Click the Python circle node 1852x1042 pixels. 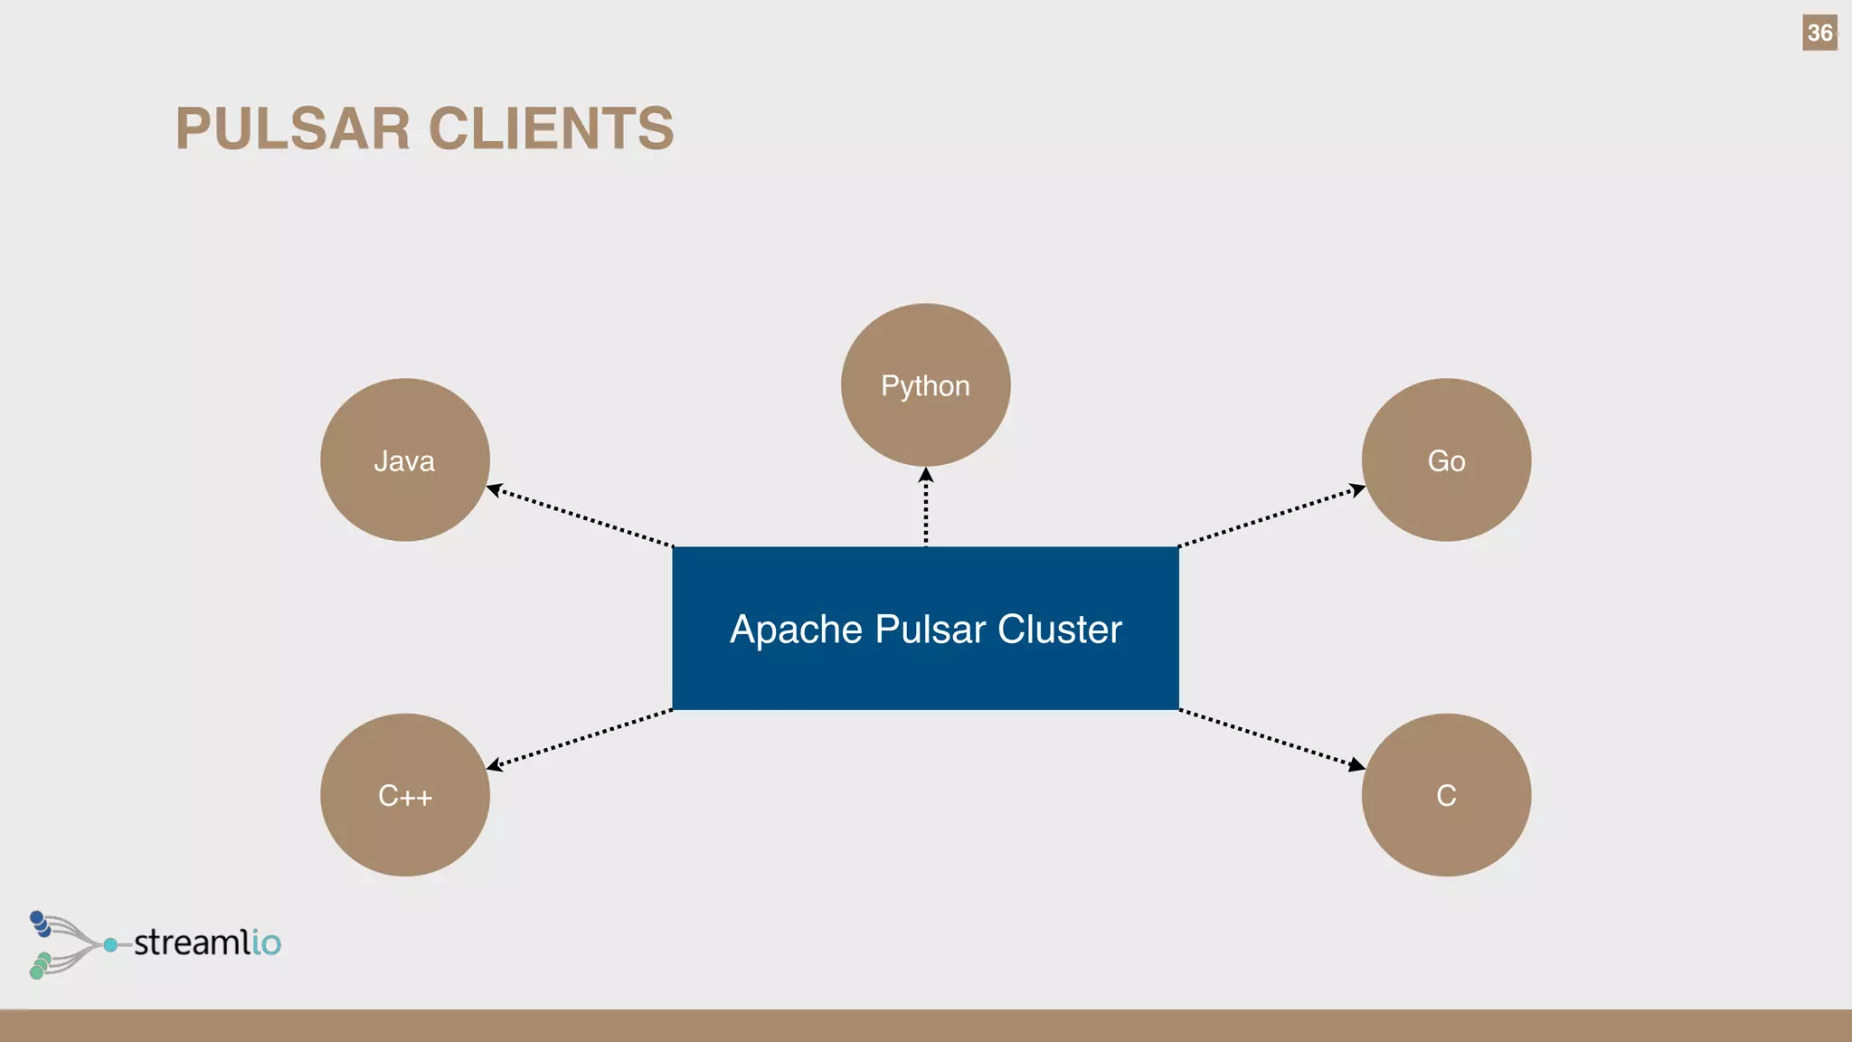(x=925, y=384)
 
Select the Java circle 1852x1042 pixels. (x=404, y=459)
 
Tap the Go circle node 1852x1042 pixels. (x=1445, y=459)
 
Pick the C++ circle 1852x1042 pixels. (x=404, y=794)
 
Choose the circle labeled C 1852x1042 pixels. (x=1445, y=794)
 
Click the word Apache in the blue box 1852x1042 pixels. (x=796, y=630)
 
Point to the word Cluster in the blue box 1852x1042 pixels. (x=1059, y=630)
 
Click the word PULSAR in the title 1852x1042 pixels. (x=293, y=128)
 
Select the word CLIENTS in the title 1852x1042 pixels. (x=551, y=128)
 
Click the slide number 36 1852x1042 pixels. (x=1819, y=33)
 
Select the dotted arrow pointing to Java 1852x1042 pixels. (x=581, y=518)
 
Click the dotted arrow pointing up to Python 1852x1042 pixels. (x=925, y=508)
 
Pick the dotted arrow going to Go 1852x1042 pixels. (x=1271, y=518)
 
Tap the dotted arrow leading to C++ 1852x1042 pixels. (x=581, y=737)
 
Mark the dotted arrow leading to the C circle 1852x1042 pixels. (x=1271, y=737)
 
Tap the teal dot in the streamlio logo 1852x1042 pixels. (x=110, y=944)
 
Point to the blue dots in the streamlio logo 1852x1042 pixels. (x=40, y=924)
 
